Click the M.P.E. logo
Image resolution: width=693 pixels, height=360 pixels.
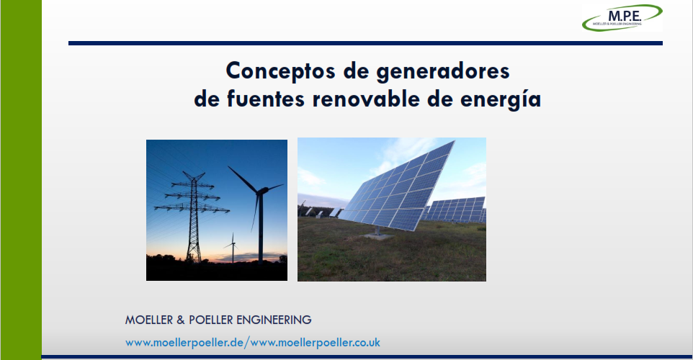point(622,18)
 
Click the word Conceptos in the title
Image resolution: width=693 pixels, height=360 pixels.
point(281,71)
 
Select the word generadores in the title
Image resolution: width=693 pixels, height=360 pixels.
point(443,71)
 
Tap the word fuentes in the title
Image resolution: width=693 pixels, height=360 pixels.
point(266,99)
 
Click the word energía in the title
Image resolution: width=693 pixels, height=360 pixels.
point(501,99)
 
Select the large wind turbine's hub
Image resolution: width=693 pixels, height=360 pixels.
point(261,190)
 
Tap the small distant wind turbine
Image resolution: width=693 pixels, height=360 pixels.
point(233,248)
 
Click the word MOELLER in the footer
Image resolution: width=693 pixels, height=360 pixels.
point(149,320)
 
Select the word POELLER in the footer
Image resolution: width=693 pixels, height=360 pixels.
point(210,320)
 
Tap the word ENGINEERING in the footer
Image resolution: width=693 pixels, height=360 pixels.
point(274,320)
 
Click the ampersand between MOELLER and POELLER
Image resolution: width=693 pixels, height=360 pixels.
point(181,320)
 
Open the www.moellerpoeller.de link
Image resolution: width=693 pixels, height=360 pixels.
point(184,343)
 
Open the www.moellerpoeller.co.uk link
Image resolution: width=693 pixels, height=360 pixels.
point(315,343)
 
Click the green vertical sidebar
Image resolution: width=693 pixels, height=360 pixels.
point(21,180)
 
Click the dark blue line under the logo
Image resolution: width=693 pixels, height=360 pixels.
point(365,43)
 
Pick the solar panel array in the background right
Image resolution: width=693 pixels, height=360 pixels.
point(456,210)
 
